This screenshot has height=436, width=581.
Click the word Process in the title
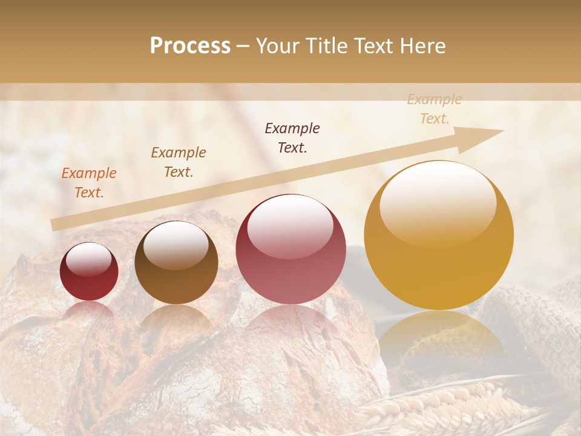[x=190, y=46]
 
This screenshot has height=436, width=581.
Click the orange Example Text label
[x=89, y=183]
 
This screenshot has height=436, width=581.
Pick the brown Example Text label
[x=179, y=162]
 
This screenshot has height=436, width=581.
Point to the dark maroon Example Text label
[x=292, y=138]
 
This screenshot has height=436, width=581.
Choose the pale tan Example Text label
[x=435, y=109]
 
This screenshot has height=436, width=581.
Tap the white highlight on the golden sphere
[x=438, y=200]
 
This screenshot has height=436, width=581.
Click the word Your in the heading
[x=278, y=46]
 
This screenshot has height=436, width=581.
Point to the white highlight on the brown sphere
[x=176, y=245]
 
